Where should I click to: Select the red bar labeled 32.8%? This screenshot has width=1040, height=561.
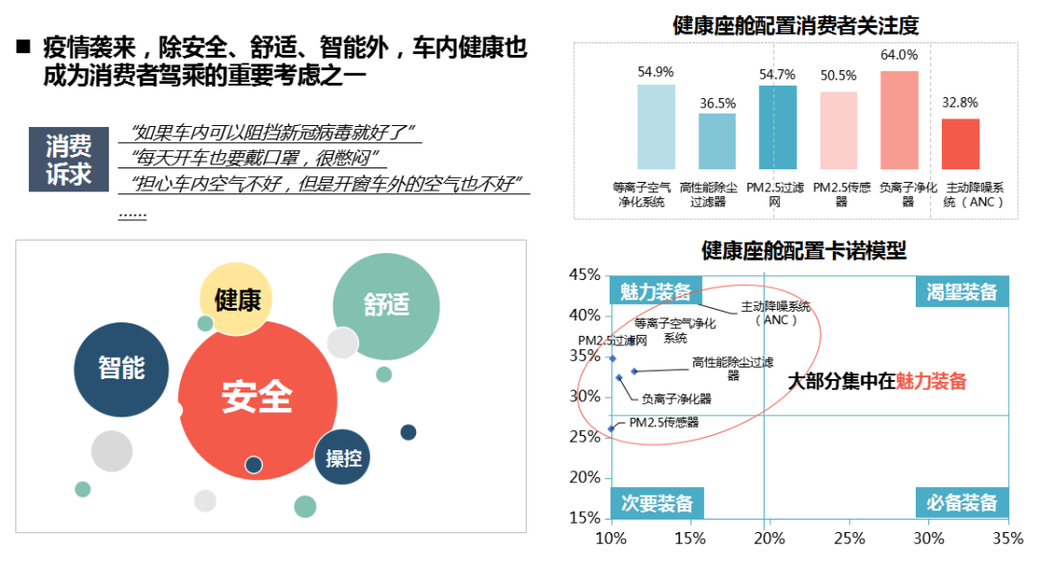point(960,144)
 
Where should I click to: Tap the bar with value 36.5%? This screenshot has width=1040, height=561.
point(716,141)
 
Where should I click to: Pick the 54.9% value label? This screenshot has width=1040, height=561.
point(656,72)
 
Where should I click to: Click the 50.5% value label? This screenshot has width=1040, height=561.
point(838,76)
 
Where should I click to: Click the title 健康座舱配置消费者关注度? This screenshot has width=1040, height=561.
point(795,26)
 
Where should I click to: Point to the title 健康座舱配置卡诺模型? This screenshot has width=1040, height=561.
point(803,251)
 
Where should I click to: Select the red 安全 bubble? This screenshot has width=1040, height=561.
point(256,396)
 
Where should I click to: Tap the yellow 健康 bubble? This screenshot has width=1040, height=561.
point(237,299)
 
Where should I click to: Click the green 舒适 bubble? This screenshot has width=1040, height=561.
point(386,305)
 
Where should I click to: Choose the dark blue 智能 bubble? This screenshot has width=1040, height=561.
point(121,368)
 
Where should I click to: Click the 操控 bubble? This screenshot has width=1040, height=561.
point(343,457)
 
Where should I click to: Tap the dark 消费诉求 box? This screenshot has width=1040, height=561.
point(69,159)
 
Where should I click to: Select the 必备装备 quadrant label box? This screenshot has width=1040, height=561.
point(962,502)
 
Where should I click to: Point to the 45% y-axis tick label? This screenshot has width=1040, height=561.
point(585,275)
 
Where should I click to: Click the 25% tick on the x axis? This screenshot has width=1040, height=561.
point(849,536)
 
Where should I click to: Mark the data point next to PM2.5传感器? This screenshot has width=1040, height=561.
point(611,428)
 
